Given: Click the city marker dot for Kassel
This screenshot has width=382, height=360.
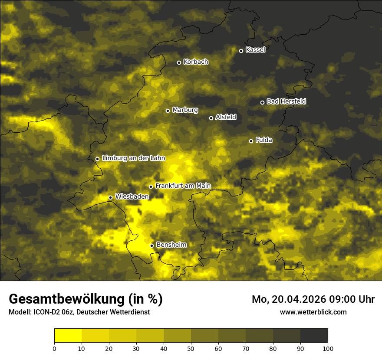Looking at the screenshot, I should [x=241, y=51].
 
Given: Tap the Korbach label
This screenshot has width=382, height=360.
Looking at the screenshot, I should [x=196, y=62].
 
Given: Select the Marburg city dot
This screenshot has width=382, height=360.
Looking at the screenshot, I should [x=168, y=111].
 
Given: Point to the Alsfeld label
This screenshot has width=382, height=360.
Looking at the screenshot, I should [x=226, y=117].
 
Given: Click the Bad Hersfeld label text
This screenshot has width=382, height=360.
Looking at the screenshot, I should [x=286, y=101].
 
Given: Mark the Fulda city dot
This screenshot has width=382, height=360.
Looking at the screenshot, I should [x=251, y=141].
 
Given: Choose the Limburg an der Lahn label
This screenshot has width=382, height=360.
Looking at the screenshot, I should [x=133, y=158].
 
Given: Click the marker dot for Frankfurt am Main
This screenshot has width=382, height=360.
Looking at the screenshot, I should [x=151, y=187].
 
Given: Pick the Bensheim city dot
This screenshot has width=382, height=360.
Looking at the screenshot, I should [x=152, y=245].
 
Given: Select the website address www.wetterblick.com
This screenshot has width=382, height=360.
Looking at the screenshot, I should [x=313, y=312].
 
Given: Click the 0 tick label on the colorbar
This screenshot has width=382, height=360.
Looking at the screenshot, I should [x=54, y=348].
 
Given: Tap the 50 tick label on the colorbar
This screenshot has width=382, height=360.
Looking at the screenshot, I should [x=191, y=348].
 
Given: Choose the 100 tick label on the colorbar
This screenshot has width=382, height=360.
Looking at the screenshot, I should [x=328, y=348].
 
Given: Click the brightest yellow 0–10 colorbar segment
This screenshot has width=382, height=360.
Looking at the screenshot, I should [x=68, y=336].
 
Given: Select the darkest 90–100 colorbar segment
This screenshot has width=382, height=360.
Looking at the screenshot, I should [x=314, y=336].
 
